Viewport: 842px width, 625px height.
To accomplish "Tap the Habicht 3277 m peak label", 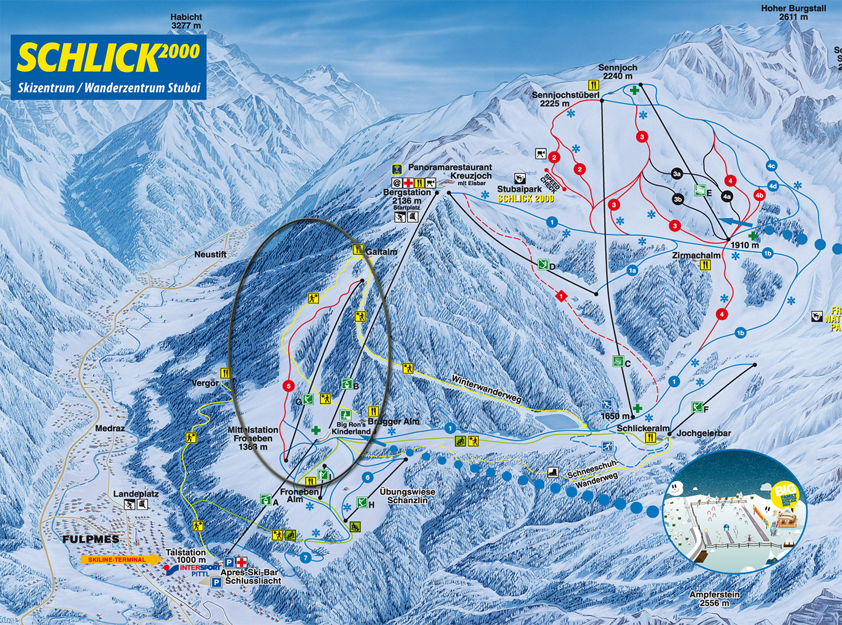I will pyautogui.click(x=186, y=21).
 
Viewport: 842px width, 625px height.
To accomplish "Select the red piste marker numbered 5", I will pyautogui.click(x=289, y=386).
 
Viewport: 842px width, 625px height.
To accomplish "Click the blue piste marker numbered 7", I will pyautogui.click(x=305, y=558).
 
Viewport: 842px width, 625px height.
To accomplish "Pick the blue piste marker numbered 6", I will pyautogui.click(x=368, y=477).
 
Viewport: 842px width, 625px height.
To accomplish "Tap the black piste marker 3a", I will pyautogui.click(x=677, y=174).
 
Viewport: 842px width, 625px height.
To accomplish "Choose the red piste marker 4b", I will pyautogui.click(x=759, y=195).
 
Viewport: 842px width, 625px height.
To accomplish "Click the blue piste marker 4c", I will pyautogui.click(x=771, y=166).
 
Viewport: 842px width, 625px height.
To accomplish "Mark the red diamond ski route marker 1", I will pyautogui.click(x=560, y=296).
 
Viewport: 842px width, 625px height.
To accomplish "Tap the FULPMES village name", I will pyautogui.click(x=90, y=539).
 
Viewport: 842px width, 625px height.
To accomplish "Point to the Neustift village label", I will pyautogui.click(x=210, y=254).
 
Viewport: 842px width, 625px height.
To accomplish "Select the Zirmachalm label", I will pyautogui.click(x=696, y=255).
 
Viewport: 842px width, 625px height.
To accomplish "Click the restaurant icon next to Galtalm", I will pyautogui.click(x=358, y=250).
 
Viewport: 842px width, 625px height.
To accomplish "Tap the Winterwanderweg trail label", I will pyautogui.click(x=486, y=389).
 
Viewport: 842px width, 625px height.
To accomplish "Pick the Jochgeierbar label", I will pyautogui.click(x=703, y=433).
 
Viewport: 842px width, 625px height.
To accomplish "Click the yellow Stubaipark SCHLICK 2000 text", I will pyautogui.click(x=525, y=199).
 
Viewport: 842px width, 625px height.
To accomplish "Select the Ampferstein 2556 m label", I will pyautogui.click(x=715, y=599).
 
